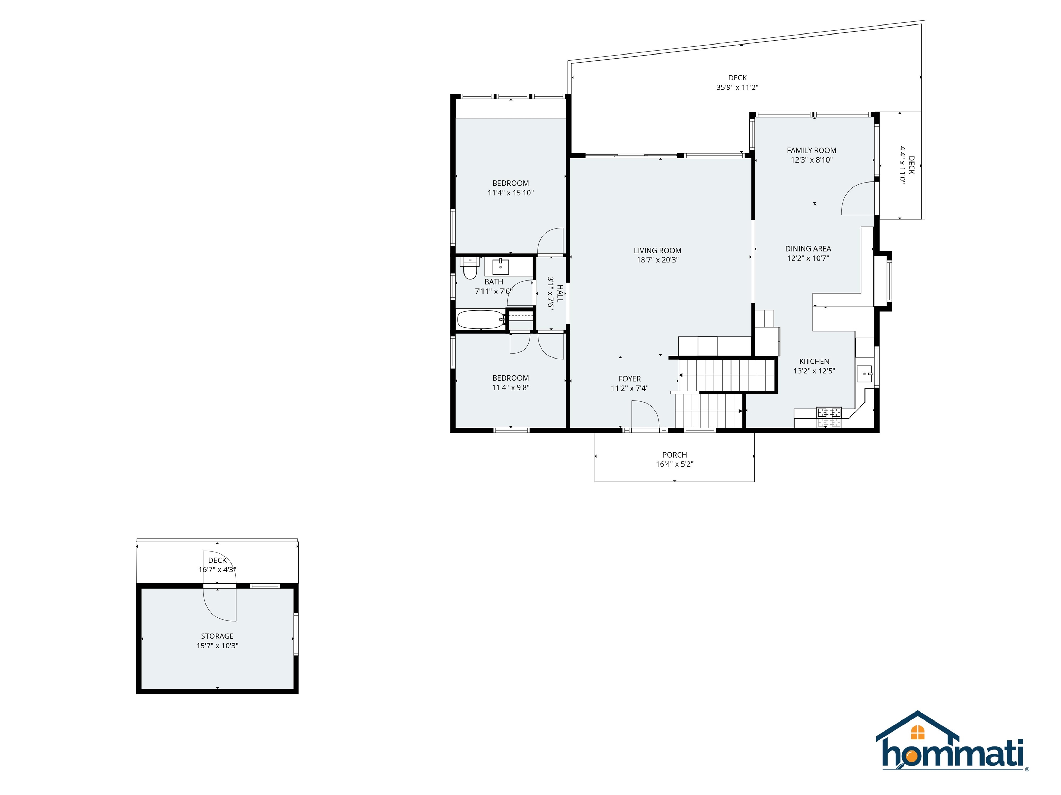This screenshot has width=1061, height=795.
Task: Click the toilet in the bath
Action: pyautogui.click(x=470, y=270)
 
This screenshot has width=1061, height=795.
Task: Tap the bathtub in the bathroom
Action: pyautogui.click(x=480, y=320)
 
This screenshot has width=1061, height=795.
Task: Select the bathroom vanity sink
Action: pyautogui.click(x=500, y=266)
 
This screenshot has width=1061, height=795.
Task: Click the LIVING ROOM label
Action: pyautogui.click(x=657, y=251)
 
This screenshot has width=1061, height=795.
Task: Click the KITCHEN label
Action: pyautogui.click(x=814, y=361)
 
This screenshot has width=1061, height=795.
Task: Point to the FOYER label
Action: pyautogui.click(x=629, y=379)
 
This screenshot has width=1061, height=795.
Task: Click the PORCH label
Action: pyautogui.click(x=675, y=455)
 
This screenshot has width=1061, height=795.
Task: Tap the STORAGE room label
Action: pyautogui.click(x=217, y=636)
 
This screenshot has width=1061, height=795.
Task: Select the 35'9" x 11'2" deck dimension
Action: pyautogui.click(x=737, y=87)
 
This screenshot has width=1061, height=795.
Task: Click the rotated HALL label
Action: pyautogui.click(x=560, y=293)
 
